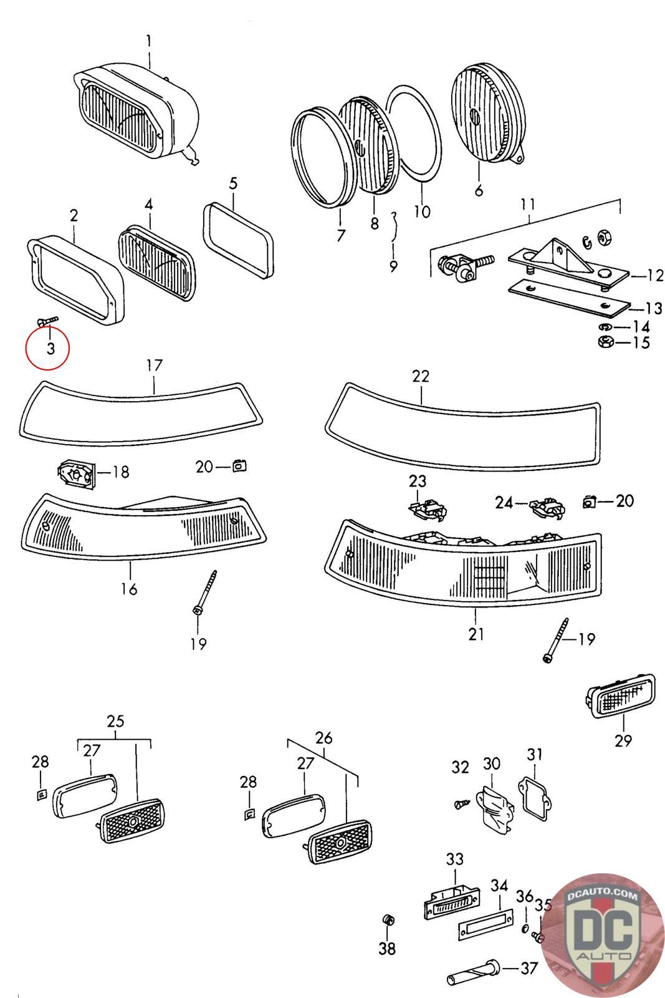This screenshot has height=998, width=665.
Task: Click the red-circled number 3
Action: point(49,348)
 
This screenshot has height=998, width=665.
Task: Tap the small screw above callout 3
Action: point(47,321)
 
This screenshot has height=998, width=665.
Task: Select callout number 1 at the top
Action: point(149,42)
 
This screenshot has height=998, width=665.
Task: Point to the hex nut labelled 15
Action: point(604,342)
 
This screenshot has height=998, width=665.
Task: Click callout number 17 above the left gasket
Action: point(154,366)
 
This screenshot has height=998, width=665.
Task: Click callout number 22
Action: point(421,377)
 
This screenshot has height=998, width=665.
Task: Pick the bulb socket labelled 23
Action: point(429,508)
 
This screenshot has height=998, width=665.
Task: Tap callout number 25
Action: point(115,721)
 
